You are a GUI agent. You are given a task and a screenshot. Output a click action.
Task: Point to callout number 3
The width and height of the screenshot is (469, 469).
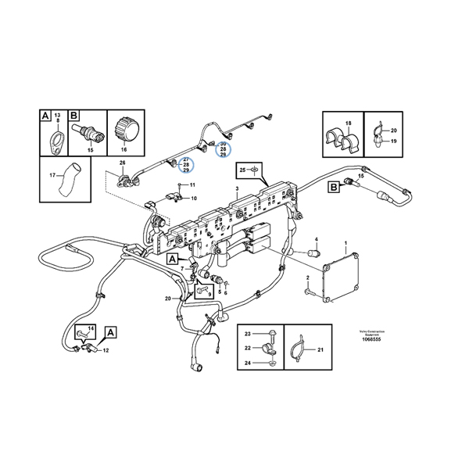pyautogui.click(x=237, y=189)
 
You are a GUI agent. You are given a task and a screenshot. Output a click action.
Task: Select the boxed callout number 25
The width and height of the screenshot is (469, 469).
pyautogui.click(x=243, y=169)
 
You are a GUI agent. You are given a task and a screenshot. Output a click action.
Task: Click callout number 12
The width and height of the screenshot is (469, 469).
pyautogui.click(x=106, y=352)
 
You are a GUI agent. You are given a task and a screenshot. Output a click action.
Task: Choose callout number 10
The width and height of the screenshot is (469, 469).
pyautogui.click(x=194, y=199)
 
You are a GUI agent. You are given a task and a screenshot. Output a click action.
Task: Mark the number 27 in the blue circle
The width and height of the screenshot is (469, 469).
pyautogui.click(x=186, y=159)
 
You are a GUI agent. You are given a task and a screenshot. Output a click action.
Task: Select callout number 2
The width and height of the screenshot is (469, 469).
pyautogui.click(x=309, y=277)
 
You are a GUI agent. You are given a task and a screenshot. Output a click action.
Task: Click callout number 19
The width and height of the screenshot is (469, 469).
pyautogui.click(x=394, y=141)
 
